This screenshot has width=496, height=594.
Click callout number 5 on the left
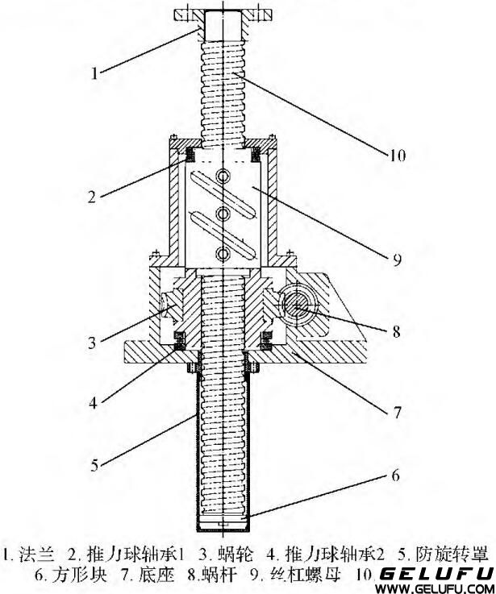click(95, 464)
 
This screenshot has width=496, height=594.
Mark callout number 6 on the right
click(394, 475)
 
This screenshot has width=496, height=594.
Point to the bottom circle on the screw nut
click(219, 255)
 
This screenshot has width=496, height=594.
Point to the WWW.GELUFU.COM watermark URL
click(436, 588)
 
